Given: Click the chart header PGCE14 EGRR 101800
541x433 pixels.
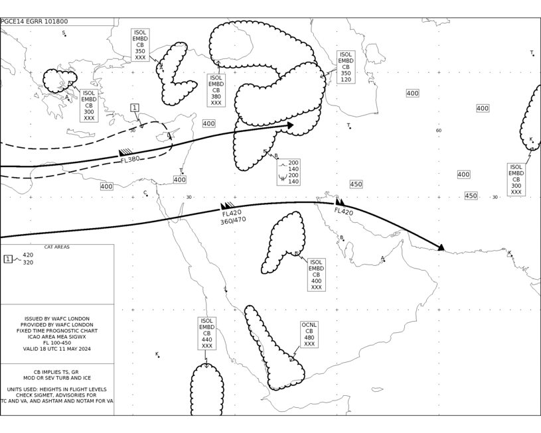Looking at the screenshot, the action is pos(34,21).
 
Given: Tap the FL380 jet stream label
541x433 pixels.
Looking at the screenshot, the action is pos(130,159).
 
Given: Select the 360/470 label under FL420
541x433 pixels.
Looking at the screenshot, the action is pos(233,220).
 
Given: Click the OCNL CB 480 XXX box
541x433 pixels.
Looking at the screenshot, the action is pos(309,334).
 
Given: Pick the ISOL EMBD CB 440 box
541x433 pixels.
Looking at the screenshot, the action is pos(207,334).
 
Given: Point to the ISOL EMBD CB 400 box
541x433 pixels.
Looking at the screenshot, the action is pos(317,275).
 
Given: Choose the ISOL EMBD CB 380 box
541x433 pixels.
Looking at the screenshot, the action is pos(216,90).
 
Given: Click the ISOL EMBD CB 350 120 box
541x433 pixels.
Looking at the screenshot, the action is pos(346,67).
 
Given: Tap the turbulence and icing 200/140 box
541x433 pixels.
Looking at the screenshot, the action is pos(289,172).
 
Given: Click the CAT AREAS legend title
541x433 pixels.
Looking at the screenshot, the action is pos(57,247).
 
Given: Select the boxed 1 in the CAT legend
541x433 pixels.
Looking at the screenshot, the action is pos(8,259).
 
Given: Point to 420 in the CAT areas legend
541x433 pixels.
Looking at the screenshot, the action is pos(28,255).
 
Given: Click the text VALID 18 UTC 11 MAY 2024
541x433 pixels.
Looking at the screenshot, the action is pos(57,349).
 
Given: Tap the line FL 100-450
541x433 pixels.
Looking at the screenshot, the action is pos(57,343).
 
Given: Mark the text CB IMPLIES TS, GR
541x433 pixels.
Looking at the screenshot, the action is pos(56,372).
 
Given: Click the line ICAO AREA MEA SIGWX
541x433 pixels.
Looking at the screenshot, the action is pos(57,337).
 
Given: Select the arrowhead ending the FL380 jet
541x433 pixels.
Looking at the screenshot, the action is pos(290,125).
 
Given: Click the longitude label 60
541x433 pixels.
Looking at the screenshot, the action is pos(439,131).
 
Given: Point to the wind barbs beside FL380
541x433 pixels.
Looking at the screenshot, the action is pos(125,153).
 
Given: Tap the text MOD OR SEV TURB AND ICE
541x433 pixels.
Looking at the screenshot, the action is pos(57,378).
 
